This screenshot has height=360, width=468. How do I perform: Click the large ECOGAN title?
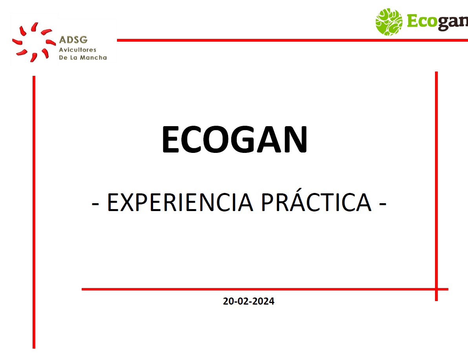pyautogui.click(x=234, y=140)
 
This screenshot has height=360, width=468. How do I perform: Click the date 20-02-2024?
pyautogui.click(x=249, y=301)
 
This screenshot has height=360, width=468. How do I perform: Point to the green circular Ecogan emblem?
pyautogui.click(x=389, y=22)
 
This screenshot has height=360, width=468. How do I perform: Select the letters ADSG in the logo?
pyautogui.click(x=73, y=40)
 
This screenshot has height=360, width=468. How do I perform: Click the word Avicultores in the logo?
pyautogui.click(x=77, y=50)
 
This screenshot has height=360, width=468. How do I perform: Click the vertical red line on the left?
pyautogui.click(x=34, y=212)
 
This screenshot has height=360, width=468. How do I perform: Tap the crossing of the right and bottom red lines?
pyautogui.click(x=436, y=289)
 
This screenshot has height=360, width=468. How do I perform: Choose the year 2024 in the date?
pyautogui.click(x=264, y=301)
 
